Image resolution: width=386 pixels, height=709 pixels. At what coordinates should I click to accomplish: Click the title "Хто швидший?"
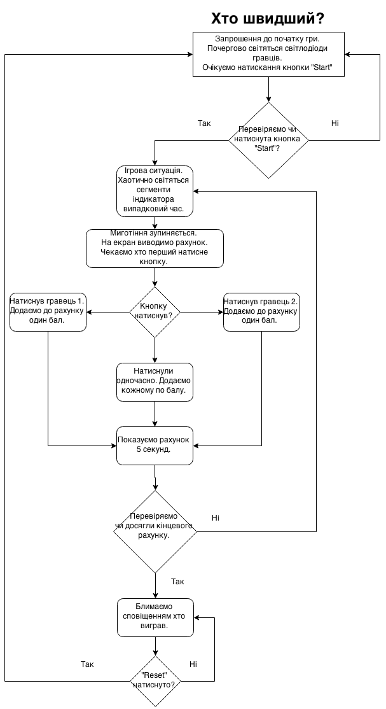point(268,18)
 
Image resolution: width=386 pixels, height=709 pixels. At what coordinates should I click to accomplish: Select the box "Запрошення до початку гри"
point(268,54)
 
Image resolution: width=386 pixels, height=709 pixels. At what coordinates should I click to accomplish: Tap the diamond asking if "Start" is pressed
point(268,140)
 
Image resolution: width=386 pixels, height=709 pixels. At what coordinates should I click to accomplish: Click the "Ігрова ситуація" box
point(155,192)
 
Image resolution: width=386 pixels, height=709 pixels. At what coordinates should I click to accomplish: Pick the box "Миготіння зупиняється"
point(155,248)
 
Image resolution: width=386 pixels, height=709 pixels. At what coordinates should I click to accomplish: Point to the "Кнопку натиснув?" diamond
point(155,312)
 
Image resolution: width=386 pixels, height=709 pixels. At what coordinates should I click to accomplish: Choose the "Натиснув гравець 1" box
point(48,312)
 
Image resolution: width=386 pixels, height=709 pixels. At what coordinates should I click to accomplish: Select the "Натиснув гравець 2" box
point(262,312)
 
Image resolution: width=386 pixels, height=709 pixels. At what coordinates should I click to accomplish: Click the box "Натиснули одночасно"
point(155,382)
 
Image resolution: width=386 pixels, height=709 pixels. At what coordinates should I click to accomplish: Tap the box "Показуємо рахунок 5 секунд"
point(155,446)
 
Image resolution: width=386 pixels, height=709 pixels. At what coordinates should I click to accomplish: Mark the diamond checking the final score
point(155,531)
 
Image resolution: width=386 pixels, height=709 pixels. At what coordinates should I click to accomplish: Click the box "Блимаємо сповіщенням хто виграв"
point(156,617)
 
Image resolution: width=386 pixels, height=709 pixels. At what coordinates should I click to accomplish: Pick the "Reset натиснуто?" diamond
point(156,681)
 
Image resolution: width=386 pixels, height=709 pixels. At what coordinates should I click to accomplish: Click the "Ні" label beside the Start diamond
point(335,123)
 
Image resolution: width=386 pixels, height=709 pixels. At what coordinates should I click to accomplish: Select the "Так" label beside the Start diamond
point(204,123)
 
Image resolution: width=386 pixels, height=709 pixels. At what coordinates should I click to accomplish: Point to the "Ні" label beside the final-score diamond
point(216,517)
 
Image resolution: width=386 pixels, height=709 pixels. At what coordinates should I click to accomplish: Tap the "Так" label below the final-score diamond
point(177,582)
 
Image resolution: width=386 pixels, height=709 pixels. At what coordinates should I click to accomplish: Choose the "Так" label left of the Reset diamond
point(87,664)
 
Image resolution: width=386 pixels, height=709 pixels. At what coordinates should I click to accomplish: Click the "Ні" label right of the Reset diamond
point(193,664)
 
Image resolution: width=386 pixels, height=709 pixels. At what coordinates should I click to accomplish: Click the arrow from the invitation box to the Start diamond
point(269,90)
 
